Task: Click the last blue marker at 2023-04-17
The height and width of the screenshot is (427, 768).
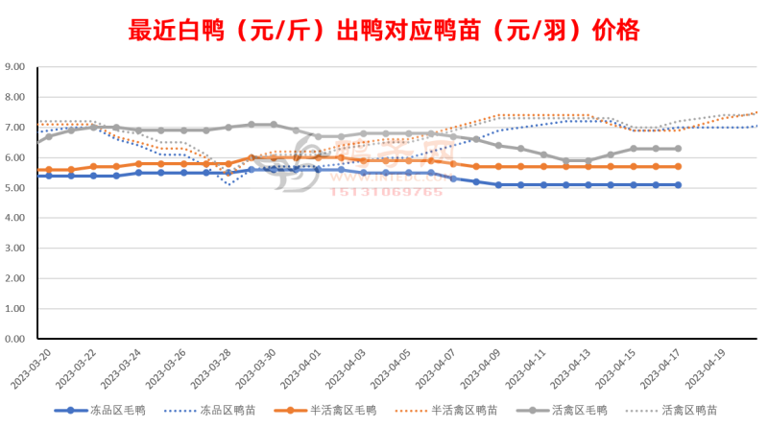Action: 679,185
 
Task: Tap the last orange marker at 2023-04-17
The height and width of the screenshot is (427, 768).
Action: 679,166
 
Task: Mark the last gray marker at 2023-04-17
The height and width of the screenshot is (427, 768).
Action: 679,149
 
